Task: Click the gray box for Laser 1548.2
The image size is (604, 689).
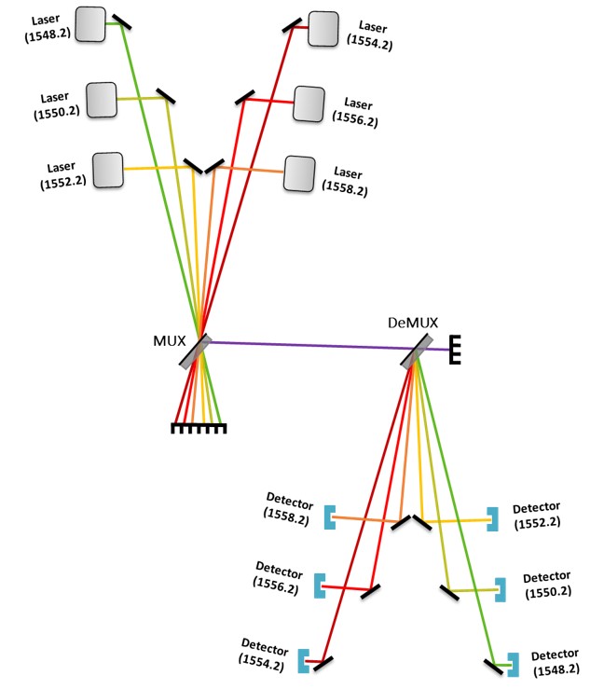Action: (90, 23)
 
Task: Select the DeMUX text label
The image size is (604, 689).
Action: (406, 324)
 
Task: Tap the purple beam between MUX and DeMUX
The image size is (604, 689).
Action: (308, 346)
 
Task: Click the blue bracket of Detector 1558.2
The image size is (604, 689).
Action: (329, 517)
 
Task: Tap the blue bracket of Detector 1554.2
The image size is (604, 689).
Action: (304, 660)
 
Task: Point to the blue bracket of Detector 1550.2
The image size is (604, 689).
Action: (501, 589)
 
